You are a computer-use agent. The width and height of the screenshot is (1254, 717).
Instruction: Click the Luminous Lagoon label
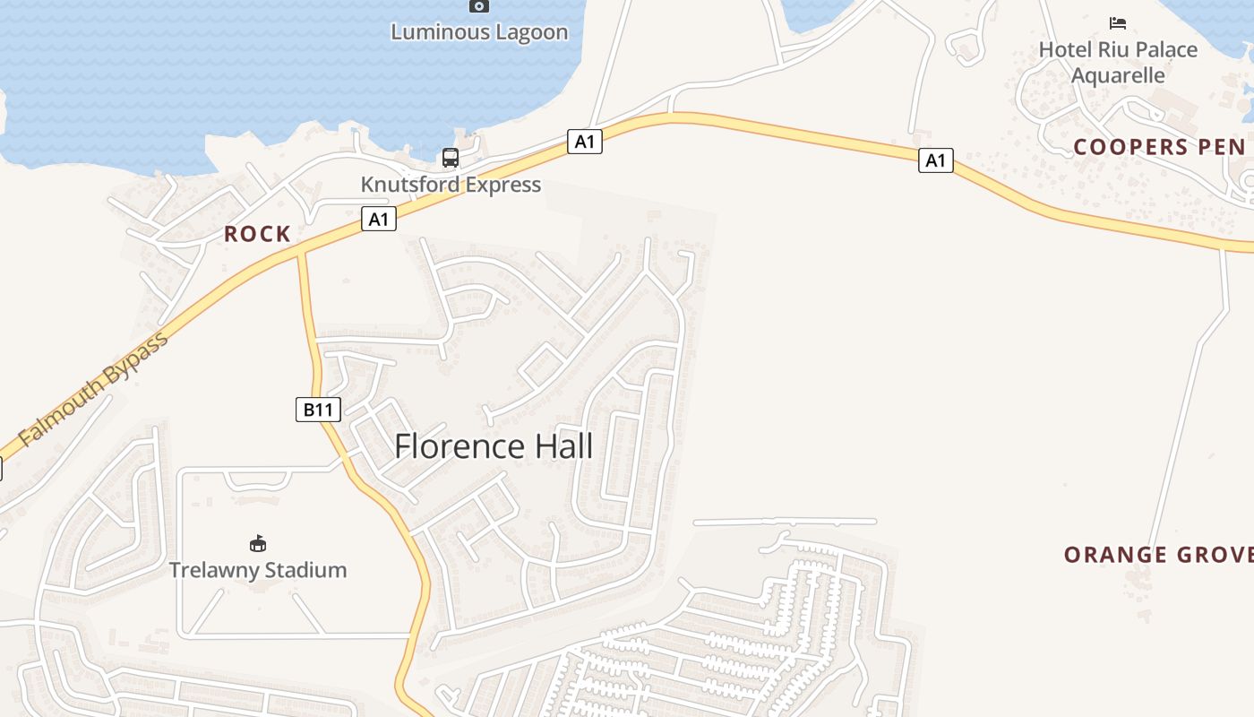point(479,32)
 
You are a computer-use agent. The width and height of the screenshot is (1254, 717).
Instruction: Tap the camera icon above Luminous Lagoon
point(479,6)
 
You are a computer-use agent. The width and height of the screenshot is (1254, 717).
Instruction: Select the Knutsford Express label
point(451,185)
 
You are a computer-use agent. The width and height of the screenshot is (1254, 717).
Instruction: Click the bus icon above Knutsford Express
point(451,158)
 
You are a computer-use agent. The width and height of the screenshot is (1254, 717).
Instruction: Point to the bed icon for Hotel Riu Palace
point(1118,23)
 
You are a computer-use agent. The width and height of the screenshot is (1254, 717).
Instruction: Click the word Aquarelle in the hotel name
point(1118,75)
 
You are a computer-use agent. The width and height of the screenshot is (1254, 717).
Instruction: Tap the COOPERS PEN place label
point(1159,147)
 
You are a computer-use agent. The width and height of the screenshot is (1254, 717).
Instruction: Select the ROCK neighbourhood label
point(257,234)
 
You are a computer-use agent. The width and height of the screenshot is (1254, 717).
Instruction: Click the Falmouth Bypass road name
point(93,391)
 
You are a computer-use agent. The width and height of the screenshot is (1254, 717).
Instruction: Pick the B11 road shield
point(318,410)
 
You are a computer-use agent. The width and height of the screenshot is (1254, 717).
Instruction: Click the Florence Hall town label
point(494,446)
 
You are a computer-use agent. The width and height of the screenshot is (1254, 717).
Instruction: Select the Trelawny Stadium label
point(258,570)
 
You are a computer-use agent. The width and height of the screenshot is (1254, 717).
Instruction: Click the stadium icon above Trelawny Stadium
point(258,543)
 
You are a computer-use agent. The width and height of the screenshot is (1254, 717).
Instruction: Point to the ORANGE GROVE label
point(1158,555)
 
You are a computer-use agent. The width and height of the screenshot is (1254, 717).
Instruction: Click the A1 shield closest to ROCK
point(379,219)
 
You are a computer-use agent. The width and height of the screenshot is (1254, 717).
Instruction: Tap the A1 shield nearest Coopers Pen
point(935,160)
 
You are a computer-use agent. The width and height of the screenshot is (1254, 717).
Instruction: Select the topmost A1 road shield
point(584,141)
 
